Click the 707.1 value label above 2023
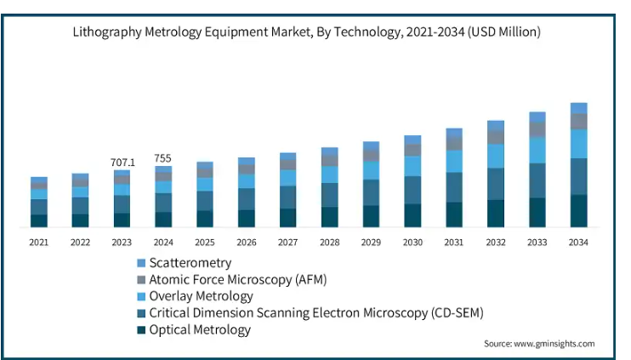122,162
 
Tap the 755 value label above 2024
163,158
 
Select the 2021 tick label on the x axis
38,243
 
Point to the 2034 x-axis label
579,243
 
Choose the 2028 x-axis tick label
329,243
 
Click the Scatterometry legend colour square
140,263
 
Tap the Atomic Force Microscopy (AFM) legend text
237,279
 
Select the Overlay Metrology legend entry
201,296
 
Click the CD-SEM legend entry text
315,312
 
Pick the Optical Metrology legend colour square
140,329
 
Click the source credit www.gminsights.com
539,344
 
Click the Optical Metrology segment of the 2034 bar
579,211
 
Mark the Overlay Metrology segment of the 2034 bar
579,143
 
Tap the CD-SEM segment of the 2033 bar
537,180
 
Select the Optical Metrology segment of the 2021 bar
39,220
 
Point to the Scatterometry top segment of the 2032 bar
496,125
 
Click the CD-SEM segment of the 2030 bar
412,190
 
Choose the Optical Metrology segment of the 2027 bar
287,218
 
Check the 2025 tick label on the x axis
205,243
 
